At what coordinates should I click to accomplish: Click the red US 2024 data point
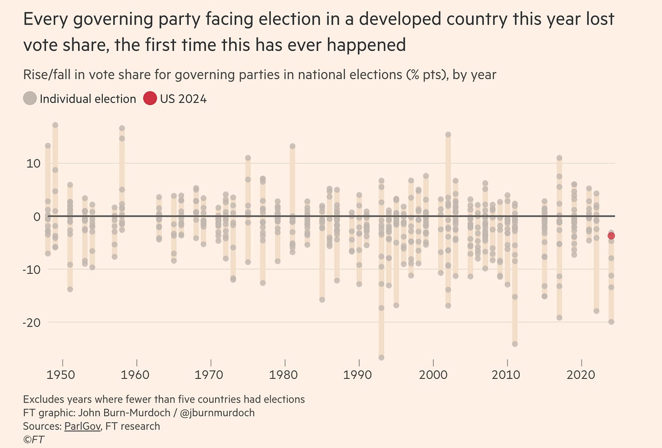pyautogui.click(x=611, y=236)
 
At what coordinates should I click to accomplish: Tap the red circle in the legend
pyautogui.click(x=150, y=98)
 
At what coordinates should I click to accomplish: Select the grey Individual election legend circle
pyautogui.click(x=30, y=98)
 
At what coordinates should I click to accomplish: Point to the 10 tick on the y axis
pyautogui.click(x=33, y=163)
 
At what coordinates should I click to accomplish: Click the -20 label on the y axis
pyautogui.click(x=30, y=322)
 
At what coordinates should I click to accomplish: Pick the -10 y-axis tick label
pyautogui.click(x=30, y=269)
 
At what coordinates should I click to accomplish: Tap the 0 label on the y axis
pyautogui.click(x=37, y=216)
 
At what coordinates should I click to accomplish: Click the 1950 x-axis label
pyautogui.click(x=61, y=375)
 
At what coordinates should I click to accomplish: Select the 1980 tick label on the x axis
pyautogui.click(x=284, y=375)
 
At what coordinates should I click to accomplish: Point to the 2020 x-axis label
pyautogui.click(x=581, y=375)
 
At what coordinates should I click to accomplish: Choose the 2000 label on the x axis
pyautogui.click(x=432, y=375)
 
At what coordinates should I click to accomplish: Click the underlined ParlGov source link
pyautogui.click(x=82, y=426)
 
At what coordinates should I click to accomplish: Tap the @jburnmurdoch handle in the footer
pyautogui.click(x=219, y=413)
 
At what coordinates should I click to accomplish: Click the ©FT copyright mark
pyautogui.click(x=34, y=440)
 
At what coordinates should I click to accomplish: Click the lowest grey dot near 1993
pyautogui.click(x=381, y=357)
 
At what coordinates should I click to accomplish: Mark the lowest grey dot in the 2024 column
pyautogui.click(x=611, y=322)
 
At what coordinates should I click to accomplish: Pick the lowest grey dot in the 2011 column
pyautogui.click(x=515, y=344)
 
